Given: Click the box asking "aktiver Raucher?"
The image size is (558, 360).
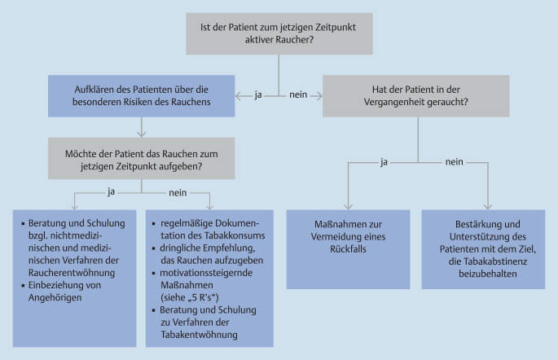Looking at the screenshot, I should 279,33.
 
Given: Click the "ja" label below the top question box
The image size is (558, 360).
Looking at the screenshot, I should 258,96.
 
